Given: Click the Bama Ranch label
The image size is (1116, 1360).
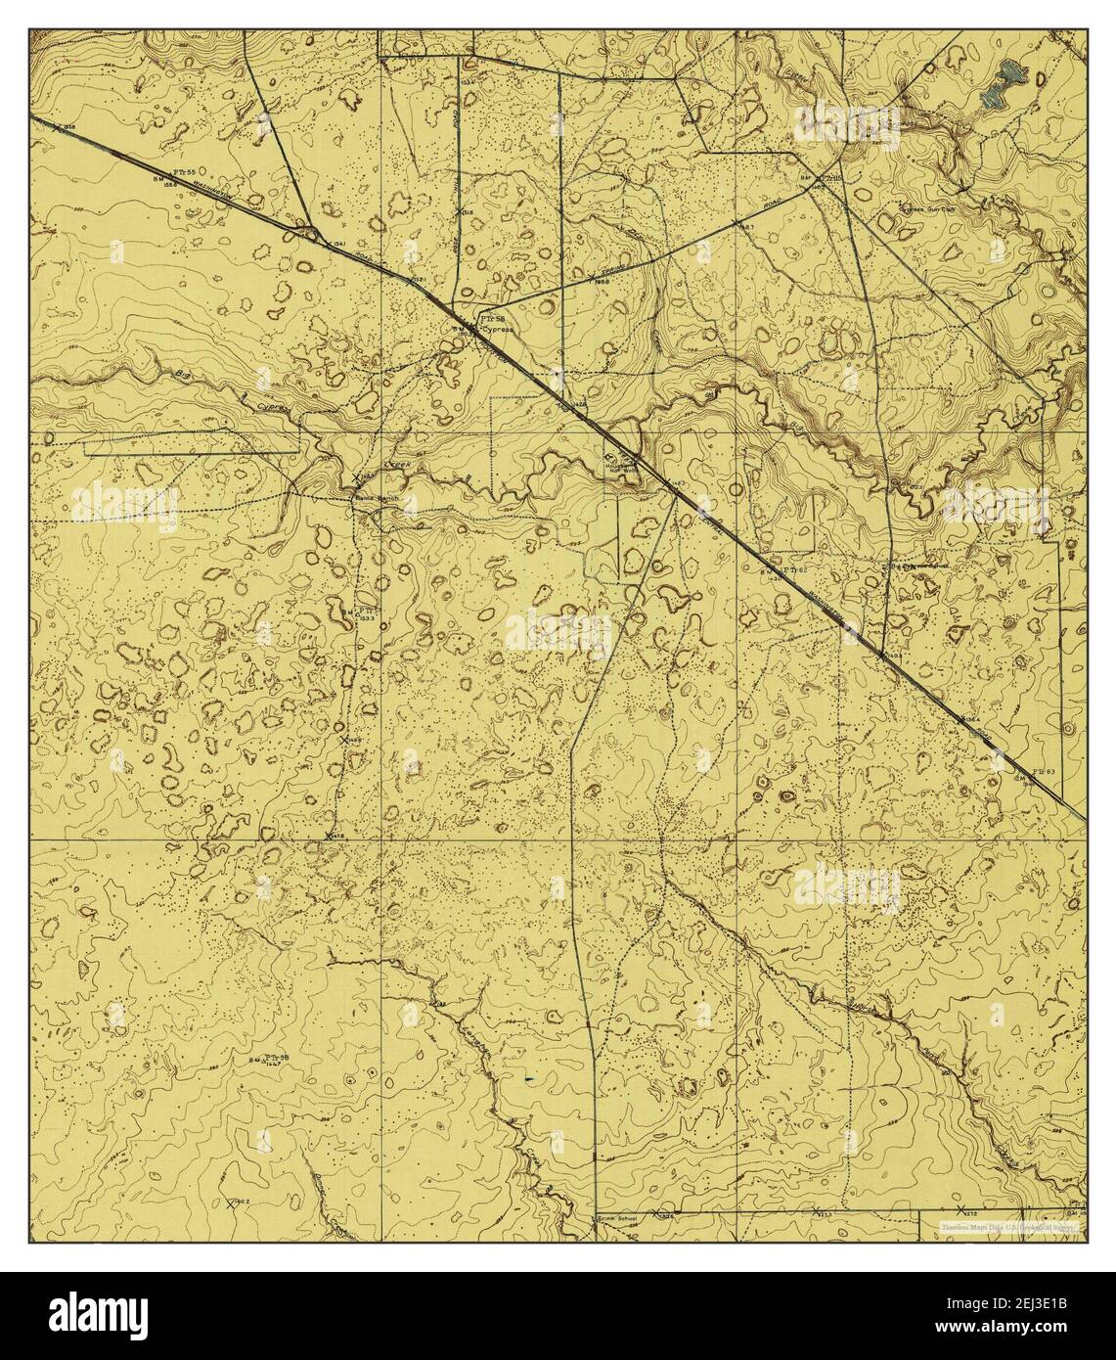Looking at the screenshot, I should pos(373,498).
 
